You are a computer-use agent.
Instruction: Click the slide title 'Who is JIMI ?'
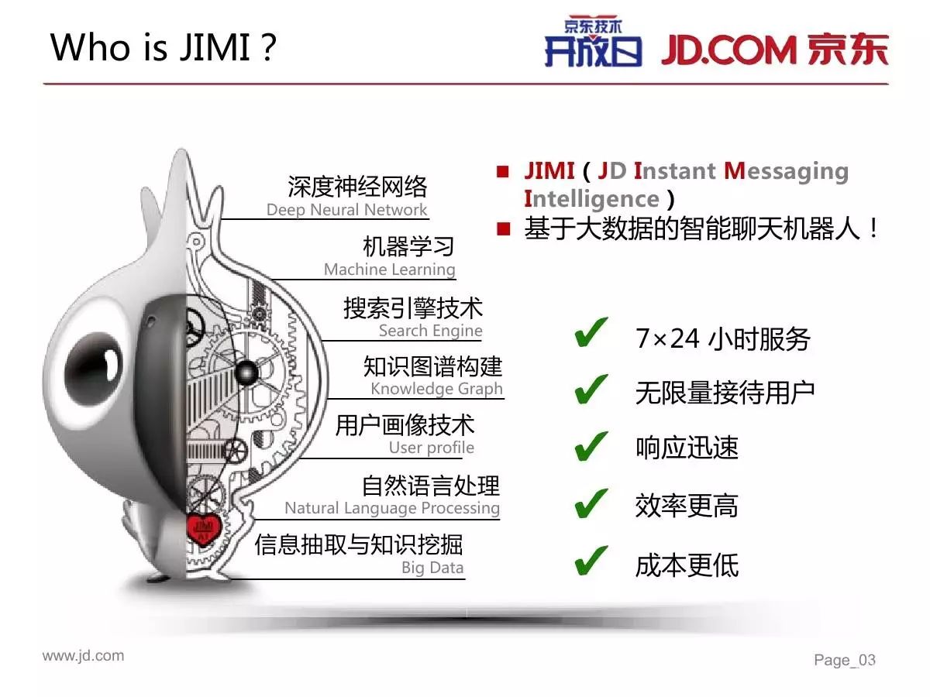(163, 47)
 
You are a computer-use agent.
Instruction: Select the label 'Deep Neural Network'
(346, 209)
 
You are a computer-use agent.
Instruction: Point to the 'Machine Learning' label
(389, 270)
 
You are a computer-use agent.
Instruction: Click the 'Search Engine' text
(430, 331)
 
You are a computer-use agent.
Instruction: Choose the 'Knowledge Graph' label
(436, 389)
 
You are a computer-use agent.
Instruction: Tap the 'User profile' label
(432, 448)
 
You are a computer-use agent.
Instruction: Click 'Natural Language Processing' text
(392, 508)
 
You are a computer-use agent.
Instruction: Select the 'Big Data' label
(432, 568)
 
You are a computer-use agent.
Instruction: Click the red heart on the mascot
(204, 529)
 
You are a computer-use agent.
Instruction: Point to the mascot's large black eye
(91, 376)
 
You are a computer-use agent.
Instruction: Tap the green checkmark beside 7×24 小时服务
(591, 333)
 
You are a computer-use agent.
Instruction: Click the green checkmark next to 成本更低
(591, 561)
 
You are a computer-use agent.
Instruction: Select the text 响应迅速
(687, 448)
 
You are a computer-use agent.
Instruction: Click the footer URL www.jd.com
(83, 655)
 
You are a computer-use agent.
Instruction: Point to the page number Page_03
(845, 660)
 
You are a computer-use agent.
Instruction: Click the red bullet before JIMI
(502, 171)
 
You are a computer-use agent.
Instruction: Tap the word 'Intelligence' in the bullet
(591, 199)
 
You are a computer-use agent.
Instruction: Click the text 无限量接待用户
(725, 393)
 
